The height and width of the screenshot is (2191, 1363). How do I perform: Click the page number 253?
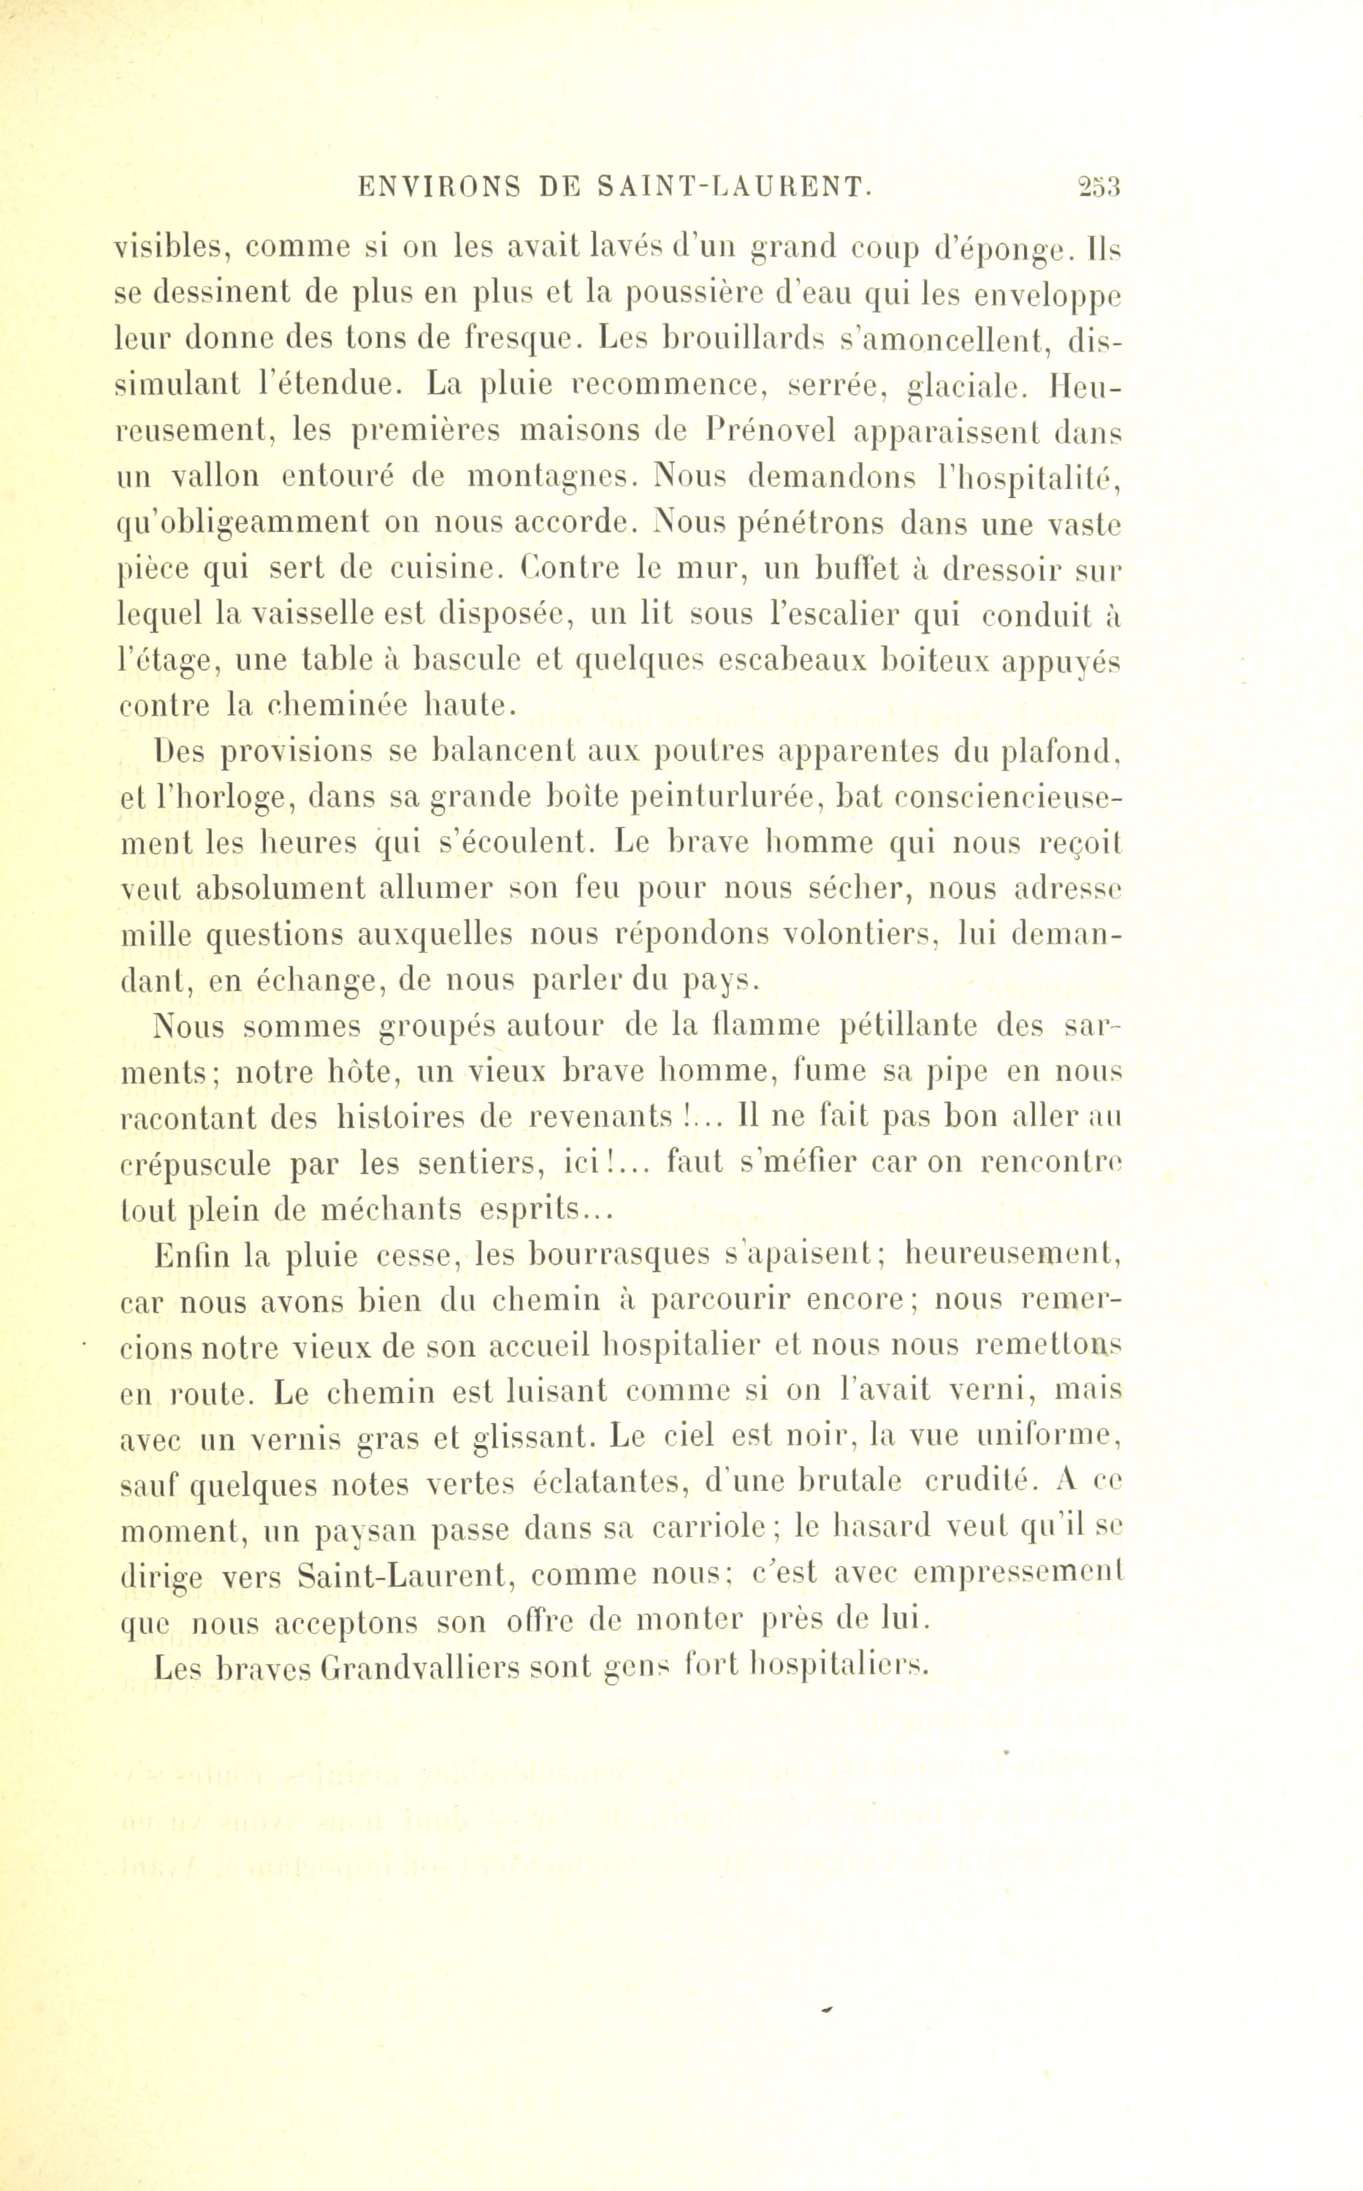[1098, 188]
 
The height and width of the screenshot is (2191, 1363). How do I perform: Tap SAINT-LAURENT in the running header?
[736, 188]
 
